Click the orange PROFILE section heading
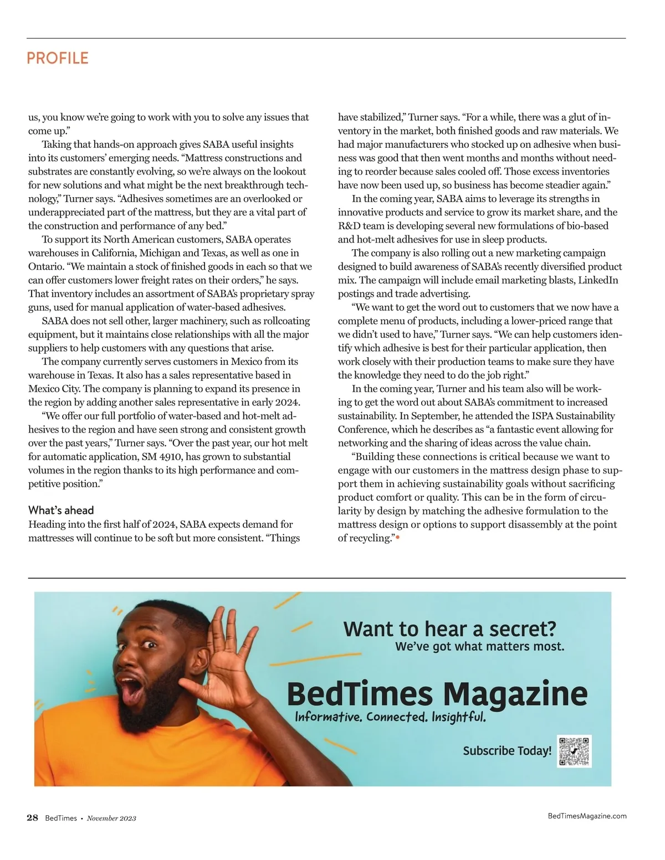pyautogui.click(x=58, y=58)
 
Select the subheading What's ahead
pyautogui.click(x=61, y=510)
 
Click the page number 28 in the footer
pyautogui.click(x=33, y=817)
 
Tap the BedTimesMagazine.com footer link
pyautogui.click(x=587, y=815)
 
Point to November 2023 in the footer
pyautogui.click(x=111, y=818)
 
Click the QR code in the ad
pyautogui.click(x=575, y=751)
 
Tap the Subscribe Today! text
pyautogui.click(x=507, y=751)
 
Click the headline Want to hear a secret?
pyautogui.click(x=449, y=629)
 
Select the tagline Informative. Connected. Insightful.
pyautogui.click(x=391, y=717)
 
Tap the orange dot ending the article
pyautogui.click(x=397, y=538)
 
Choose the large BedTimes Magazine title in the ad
pyautogui.click(x=437, y=693)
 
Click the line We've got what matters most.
pyautogui.click(x=479, y=646)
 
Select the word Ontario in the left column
pyautogui.click(x=45, y=267)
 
